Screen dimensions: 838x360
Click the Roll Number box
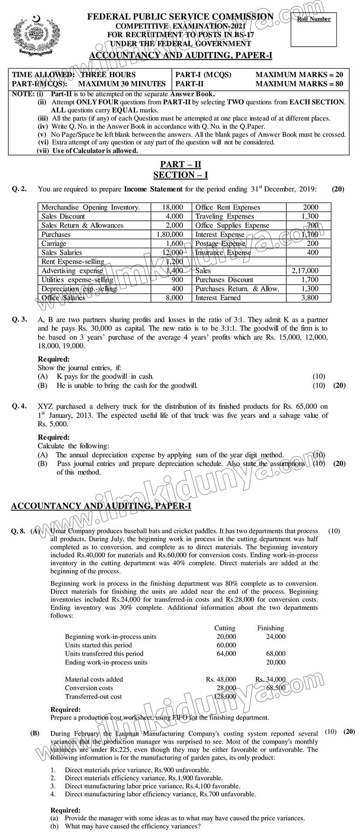pyautogui.click(x=314, y=30)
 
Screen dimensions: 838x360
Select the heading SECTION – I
pyautogui.click(x=180, y=175)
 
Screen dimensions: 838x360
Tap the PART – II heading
pyautogui.click(x=180, y=164)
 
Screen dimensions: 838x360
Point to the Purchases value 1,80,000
pyautogui.click(x=169, y=234)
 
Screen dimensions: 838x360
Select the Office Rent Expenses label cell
pyautogui.click(x=227, y=207)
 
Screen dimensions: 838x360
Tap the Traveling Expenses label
pyautogui.click(x=224, y=216)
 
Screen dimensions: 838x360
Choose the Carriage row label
pyautogui.click(x=54, y=243)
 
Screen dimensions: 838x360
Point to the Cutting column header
pyautogui.click(x=225, y=628)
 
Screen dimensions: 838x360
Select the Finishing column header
pyautogui.click(x=271, y=628)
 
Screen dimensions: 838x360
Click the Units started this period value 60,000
pyautogui.click(x=226, y=645)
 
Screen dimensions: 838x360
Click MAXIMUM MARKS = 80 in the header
pyautogui.click(x=299, y=84)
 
